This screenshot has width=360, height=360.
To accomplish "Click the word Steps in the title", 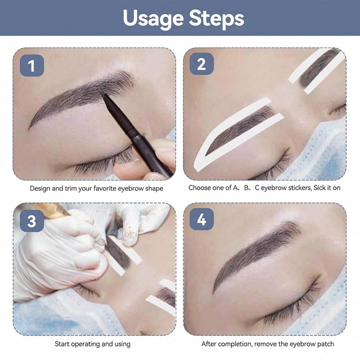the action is click(216, 18).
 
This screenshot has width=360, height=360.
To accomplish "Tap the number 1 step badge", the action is click(31, 65).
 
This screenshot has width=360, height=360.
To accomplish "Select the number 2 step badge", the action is click(201, 64).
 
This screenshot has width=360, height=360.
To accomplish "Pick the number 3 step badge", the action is click(31, 221).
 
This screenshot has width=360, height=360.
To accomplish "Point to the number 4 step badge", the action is click(201, 219).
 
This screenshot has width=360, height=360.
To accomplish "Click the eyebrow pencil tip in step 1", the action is click(104, 95).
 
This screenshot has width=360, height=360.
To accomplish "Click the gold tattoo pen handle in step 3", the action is click(49, 210).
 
